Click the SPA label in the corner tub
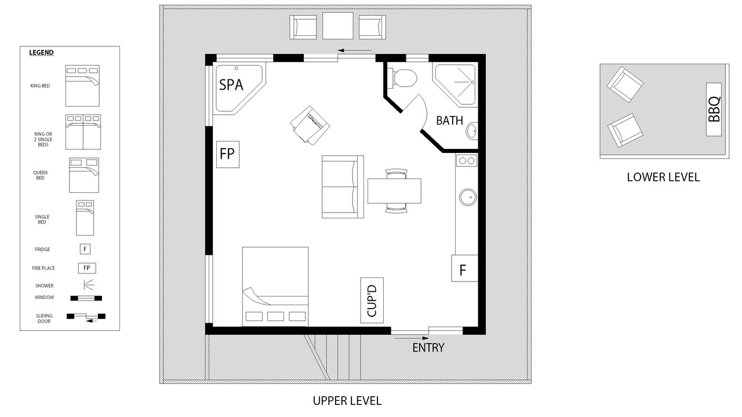point(231,85)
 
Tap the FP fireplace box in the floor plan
point(228,154)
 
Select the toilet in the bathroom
point(402,78)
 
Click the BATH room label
point(449,120)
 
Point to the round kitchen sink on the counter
point(468,197)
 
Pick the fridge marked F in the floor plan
point(464,268)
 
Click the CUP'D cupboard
point(372,301)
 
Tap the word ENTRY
point(428,348)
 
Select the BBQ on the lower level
point(714,109)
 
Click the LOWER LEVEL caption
point(663,177)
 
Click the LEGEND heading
point(41,53)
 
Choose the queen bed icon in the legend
point(84,175)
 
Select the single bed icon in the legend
point(85,218)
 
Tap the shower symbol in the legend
point(89,285)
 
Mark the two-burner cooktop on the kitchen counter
point(467,160)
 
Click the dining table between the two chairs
point(394,191)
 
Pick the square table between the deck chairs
point(338,26)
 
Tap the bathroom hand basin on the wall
point(472,131)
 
